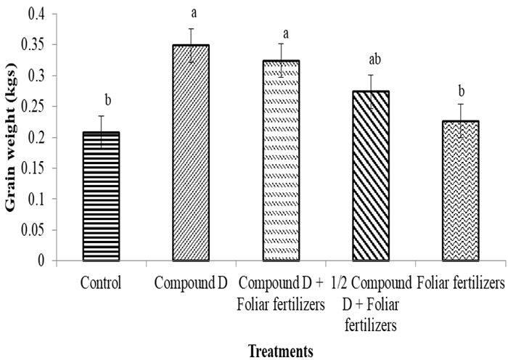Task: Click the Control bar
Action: (x=101, y=196)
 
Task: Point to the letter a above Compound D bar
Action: (x=191, y=13)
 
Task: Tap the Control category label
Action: (x=101, y=280)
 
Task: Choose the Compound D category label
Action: (x=192, y=280)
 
